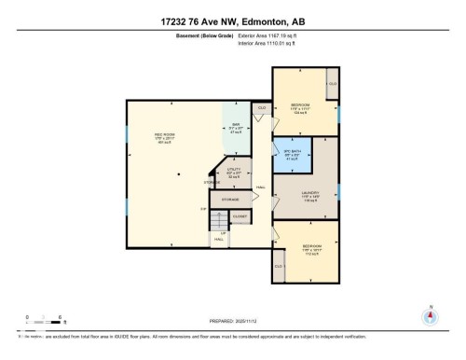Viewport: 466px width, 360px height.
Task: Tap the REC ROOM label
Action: [x=165, y=139]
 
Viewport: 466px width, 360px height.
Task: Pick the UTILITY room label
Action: [x=234, y=173]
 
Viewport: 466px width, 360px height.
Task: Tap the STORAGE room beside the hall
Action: [x=231, y=199]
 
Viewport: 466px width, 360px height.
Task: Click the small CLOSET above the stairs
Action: [x=240, y=215]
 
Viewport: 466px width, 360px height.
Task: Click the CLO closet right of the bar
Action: [x=262, y=108]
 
